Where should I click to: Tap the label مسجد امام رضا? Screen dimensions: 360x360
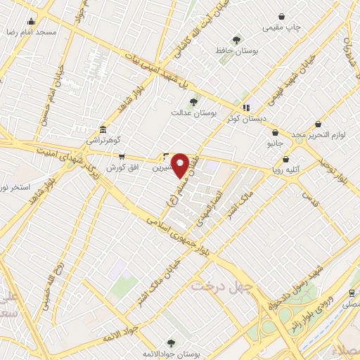tap(30, 33)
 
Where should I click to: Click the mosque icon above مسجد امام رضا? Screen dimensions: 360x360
tap(30, 21)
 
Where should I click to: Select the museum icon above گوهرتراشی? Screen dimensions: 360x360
tap(104, 129)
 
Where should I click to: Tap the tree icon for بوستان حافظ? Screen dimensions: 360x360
tap(236, 40)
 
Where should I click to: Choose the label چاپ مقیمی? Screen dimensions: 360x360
tap(281, 27)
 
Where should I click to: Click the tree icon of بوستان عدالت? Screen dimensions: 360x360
tap(193, 102)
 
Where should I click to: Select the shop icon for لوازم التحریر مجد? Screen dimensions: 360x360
tap(319, 123)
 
